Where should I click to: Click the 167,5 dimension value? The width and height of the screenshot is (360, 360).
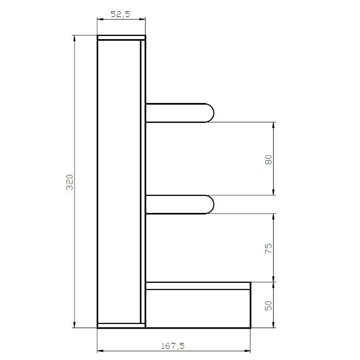174,346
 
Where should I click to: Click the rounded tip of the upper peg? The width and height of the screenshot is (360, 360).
210,113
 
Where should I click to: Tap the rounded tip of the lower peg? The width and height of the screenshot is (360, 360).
210,204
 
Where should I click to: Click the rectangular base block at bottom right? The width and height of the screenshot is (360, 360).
198,308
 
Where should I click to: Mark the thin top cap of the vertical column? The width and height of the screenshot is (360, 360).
121,38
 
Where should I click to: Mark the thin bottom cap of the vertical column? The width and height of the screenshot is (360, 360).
121,325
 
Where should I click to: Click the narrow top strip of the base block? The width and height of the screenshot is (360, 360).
198,285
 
